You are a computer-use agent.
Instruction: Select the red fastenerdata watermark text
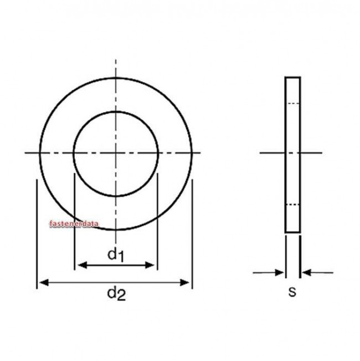coord(73,225)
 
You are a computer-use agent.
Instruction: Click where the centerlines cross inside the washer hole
coord(116,152)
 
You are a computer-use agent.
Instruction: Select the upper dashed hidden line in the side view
coord(293,104)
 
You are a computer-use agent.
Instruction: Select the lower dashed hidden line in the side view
coord(293,205)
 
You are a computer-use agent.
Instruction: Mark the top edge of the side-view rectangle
coord(293,78)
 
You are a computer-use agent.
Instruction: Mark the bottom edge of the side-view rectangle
coord(293,232)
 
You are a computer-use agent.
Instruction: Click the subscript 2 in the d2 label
coord(121,297)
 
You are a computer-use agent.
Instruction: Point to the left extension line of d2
coord(37,233)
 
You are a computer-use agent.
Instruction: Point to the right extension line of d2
coord(192,233)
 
